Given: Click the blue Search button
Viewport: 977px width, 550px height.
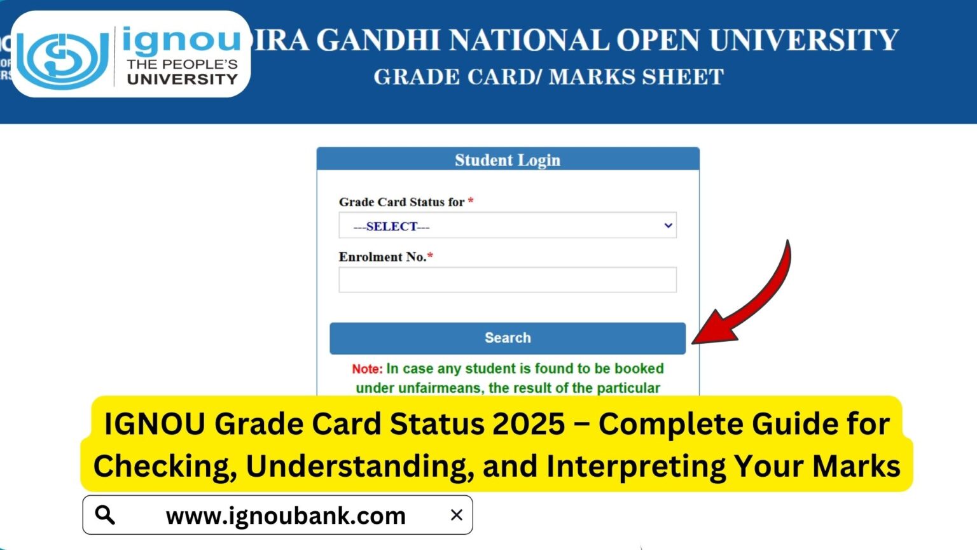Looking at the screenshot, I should [507, 338].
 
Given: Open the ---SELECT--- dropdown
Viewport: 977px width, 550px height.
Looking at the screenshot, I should [507, 226].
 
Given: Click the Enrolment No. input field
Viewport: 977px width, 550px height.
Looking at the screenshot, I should [507, 280].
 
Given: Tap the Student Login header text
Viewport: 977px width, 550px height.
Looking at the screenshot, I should [507, 160].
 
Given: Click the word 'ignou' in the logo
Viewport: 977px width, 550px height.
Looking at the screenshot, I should [181, 41].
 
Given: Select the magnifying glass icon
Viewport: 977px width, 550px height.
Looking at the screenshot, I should [105, 515].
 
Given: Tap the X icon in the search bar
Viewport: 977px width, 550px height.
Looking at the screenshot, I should [456, 515].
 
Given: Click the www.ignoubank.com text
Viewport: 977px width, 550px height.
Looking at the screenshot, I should [286, 516].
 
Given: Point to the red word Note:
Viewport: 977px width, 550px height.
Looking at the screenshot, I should [367, 369].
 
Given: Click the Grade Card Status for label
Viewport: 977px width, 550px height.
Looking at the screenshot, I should [401, 202].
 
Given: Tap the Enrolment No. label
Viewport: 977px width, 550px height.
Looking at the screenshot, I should [382, 257].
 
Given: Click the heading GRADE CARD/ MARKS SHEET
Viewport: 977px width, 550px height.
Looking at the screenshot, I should [548, 77].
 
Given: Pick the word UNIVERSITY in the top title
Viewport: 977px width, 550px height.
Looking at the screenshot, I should [803, 41].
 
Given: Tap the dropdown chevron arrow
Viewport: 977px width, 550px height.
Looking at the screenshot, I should [668, 225].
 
